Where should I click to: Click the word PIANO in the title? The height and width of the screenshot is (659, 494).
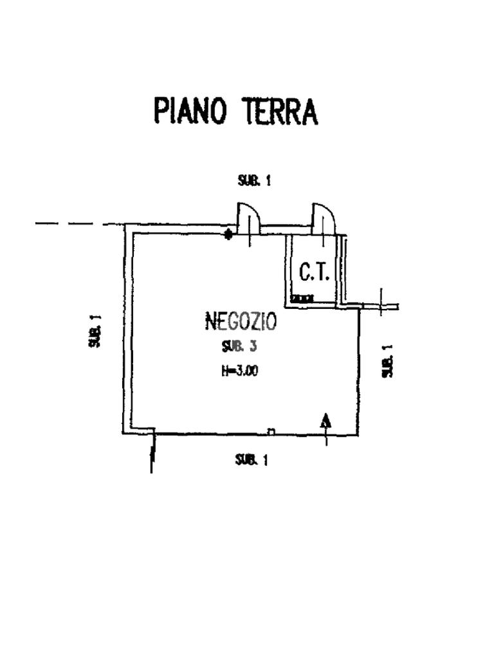190,111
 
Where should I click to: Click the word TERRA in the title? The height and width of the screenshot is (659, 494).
280,111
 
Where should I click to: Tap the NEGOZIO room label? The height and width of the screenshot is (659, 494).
241,320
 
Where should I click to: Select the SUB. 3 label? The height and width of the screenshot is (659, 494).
239,347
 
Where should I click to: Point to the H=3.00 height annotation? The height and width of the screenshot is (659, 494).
240,371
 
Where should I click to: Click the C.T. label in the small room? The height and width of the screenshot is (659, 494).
315,274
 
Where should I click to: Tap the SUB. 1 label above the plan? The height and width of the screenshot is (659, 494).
254,181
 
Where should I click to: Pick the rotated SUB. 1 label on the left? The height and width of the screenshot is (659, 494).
95,331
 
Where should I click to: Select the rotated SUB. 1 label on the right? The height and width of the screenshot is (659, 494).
387,361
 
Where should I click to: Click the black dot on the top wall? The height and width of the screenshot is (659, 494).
228,234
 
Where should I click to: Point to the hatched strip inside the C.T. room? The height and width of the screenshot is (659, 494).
302,299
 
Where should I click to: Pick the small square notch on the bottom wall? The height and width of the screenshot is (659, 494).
271,431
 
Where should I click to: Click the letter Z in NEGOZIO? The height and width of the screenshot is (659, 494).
255,320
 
